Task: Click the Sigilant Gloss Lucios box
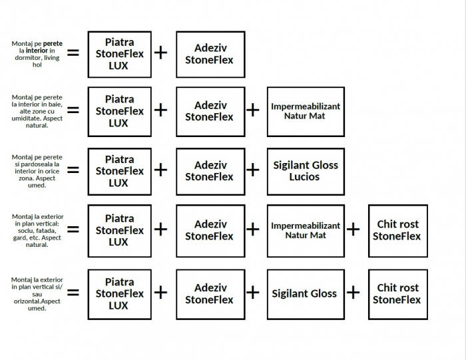(306, 171)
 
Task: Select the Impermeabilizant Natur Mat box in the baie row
(306, 111)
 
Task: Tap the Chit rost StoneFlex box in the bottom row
(397, 293)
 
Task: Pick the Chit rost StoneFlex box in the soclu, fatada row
(397, 230)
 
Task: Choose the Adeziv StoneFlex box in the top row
(210, 54)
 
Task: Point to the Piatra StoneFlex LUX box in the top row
(119, 54)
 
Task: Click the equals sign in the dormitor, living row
(73, 52)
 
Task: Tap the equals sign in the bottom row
(73, 292)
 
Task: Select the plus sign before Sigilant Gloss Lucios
(253, 170)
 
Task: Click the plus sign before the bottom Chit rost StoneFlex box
(353, 292)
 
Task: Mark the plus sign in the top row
(160, 53)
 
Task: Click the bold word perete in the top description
(53, 44)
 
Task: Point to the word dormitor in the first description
(28, 58)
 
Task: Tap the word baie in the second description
(50, 104)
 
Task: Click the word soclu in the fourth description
(21, 231)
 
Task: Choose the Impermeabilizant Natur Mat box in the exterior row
(306, 230)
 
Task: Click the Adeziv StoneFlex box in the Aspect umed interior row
(210, 171)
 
